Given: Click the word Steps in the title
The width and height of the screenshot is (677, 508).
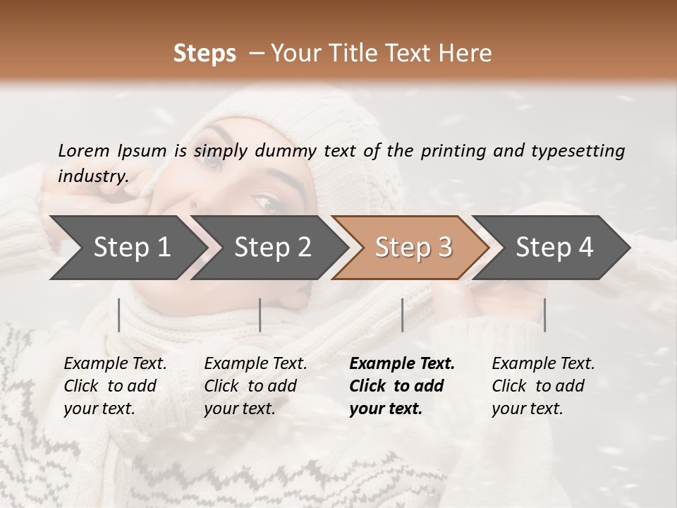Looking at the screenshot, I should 205,54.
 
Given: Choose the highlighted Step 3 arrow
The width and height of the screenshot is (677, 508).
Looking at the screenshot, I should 413,248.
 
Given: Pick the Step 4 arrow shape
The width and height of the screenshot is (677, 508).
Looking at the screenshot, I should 554,248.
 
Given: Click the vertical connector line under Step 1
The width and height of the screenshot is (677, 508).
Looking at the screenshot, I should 118,315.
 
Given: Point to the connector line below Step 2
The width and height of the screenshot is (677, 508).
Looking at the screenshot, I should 260,315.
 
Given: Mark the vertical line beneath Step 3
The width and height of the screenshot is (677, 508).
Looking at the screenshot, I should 402,315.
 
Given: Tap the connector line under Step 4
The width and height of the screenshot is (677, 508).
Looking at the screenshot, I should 544,315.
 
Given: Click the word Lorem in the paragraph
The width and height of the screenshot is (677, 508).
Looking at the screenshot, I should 84,150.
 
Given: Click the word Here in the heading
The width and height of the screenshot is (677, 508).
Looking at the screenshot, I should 467,54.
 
